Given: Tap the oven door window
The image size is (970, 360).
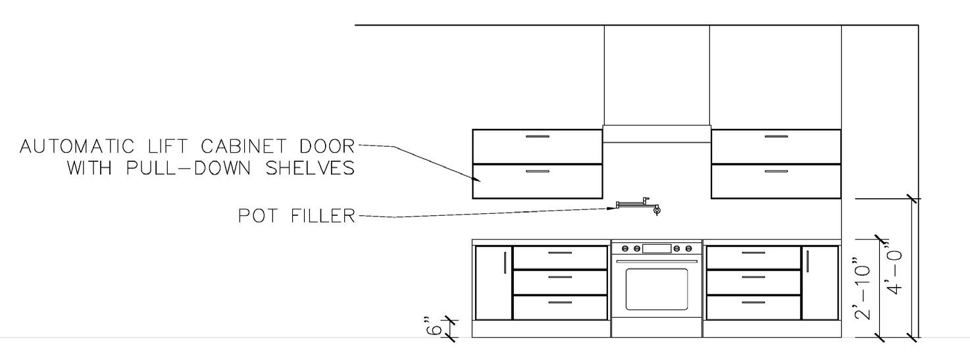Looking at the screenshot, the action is [x=656, y=288].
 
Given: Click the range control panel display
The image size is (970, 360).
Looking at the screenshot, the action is [x=656, y=248].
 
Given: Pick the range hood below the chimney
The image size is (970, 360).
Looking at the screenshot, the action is [x=656, y=134].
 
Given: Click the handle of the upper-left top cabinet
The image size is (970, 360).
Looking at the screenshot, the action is [x=538, y=137].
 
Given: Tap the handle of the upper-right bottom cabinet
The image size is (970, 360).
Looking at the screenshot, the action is [x=776, y=171].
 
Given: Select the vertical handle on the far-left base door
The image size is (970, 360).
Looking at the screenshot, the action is [x=505, y=262].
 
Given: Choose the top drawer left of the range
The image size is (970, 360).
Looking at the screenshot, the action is [x=560, y=257].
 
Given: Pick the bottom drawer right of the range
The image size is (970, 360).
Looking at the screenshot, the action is [x=753, y=307].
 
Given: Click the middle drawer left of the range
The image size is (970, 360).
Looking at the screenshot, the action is [x=560, y=282].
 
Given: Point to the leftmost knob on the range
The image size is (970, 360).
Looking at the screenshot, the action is [x=626, y=248].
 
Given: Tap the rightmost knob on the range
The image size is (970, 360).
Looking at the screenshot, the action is [x=688, y=248].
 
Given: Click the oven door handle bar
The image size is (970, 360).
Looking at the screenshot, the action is [x=656, y=261].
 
